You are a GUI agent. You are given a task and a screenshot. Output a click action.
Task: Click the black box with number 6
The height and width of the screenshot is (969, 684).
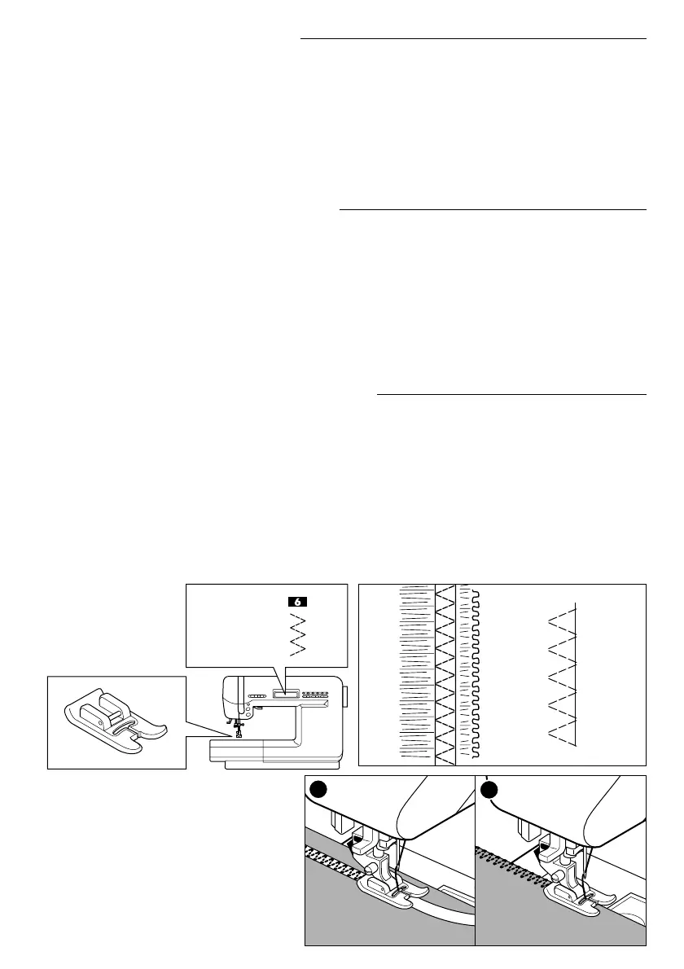coord(298,602)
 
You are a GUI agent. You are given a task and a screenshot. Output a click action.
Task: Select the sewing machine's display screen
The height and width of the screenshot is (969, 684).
coord(286,695)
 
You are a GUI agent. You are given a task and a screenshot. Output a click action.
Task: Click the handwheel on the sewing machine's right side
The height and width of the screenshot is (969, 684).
coord(345,696)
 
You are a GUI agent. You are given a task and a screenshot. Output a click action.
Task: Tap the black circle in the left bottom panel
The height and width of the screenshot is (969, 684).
coord(320,790)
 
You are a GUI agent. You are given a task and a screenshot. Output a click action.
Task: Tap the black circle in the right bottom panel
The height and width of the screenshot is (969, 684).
coord(490,790)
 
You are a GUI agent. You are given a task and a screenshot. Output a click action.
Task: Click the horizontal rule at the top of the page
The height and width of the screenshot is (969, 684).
coord(473,38)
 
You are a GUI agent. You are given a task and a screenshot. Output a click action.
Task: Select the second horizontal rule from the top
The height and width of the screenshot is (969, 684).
coord(492,209)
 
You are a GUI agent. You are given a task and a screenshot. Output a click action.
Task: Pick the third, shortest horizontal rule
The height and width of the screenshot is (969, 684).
coord(511,396)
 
